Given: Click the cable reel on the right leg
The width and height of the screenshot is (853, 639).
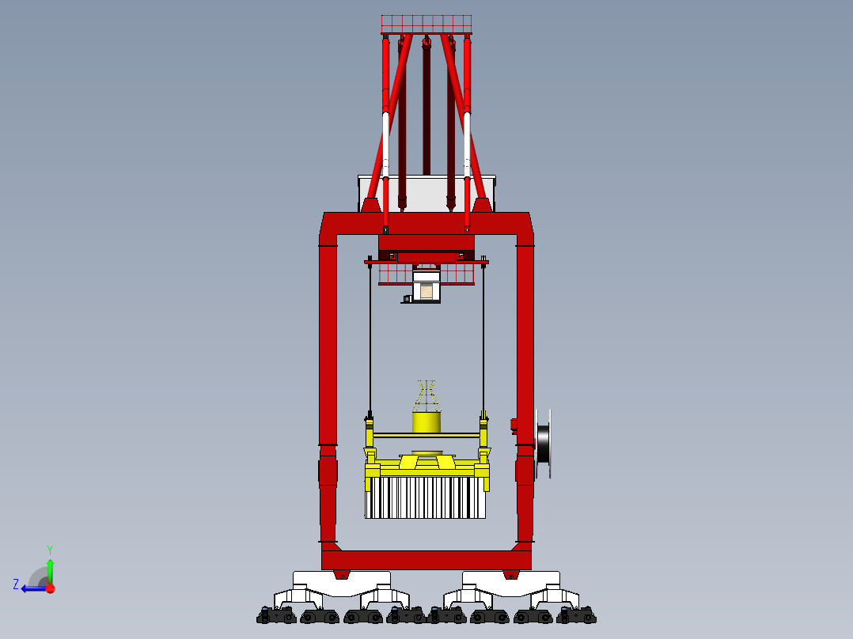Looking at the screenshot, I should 543,444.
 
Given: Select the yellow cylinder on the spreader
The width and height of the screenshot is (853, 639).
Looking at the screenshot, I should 426,422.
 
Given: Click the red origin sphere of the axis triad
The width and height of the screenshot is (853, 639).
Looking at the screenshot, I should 50,588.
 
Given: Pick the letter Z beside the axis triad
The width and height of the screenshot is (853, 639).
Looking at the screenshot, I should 16,584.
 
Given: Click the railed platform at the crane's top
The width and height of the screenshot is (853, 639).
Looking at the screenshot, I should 426,24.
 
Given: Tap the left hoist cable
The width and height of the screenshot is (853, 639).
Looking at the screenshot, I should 370,340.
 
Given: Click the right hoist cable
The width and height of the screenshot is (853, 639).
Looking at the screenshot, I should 483,340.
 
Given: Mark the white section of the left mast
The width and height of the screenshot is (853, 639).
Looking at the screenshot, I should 386,138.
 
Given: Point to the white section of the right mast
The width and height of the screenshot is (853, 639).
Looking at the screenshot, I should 467,138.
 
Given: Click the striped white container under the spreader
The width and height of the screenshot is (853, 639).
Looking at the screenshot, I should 425,498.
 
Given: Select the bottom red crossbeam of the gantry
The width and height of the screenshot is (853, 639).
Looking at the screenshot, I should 426,560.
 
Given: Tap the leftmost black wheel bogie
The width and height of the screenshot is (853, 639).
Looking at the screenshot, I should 275,615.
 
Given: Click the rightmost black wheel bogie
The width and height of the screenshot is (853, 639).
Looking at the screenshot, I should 576,615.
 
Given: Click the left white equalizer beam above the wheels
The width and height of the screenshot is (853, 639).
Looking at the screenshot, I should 342,584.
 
